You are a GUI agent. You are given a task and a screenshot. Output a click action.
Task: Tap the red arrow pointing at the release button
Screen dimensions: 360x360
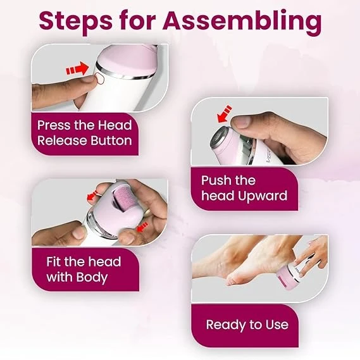(x=77, y=69)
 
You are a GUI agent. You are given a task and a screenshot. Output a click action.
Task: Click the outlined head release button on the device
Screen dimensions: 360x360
(x=99, y=78)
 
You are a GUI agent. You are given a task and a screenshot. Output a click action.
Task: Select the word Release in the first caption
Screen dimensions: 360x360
(x=62, y=140)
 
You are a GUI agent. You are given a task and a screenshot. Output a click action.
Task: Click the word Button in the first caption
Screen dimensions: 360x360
(x=111, y=140)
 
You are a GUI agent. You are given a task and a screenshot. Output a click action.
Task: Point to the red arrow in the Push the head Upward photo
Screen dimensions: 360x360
(x=225, y=114)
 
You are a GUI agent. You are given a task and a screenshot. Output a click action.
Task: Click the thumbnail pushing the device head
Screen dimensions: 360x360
(x=241, y=122)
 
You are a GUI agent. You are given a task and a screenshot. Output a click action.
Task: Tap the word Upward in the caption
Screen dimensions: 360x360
(x=262, y=196)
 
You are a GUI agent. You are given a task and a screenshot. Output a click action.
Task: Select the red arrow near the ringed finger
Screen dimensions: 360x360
(x=92, y=196)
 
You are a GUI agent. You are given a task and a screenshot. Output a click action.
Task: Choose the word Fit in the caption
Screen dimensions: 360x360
(x=54, y=261)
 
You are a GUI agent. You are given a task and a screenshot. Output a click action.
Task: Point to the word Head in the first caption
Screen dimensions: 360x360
(x=115, y=125)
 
